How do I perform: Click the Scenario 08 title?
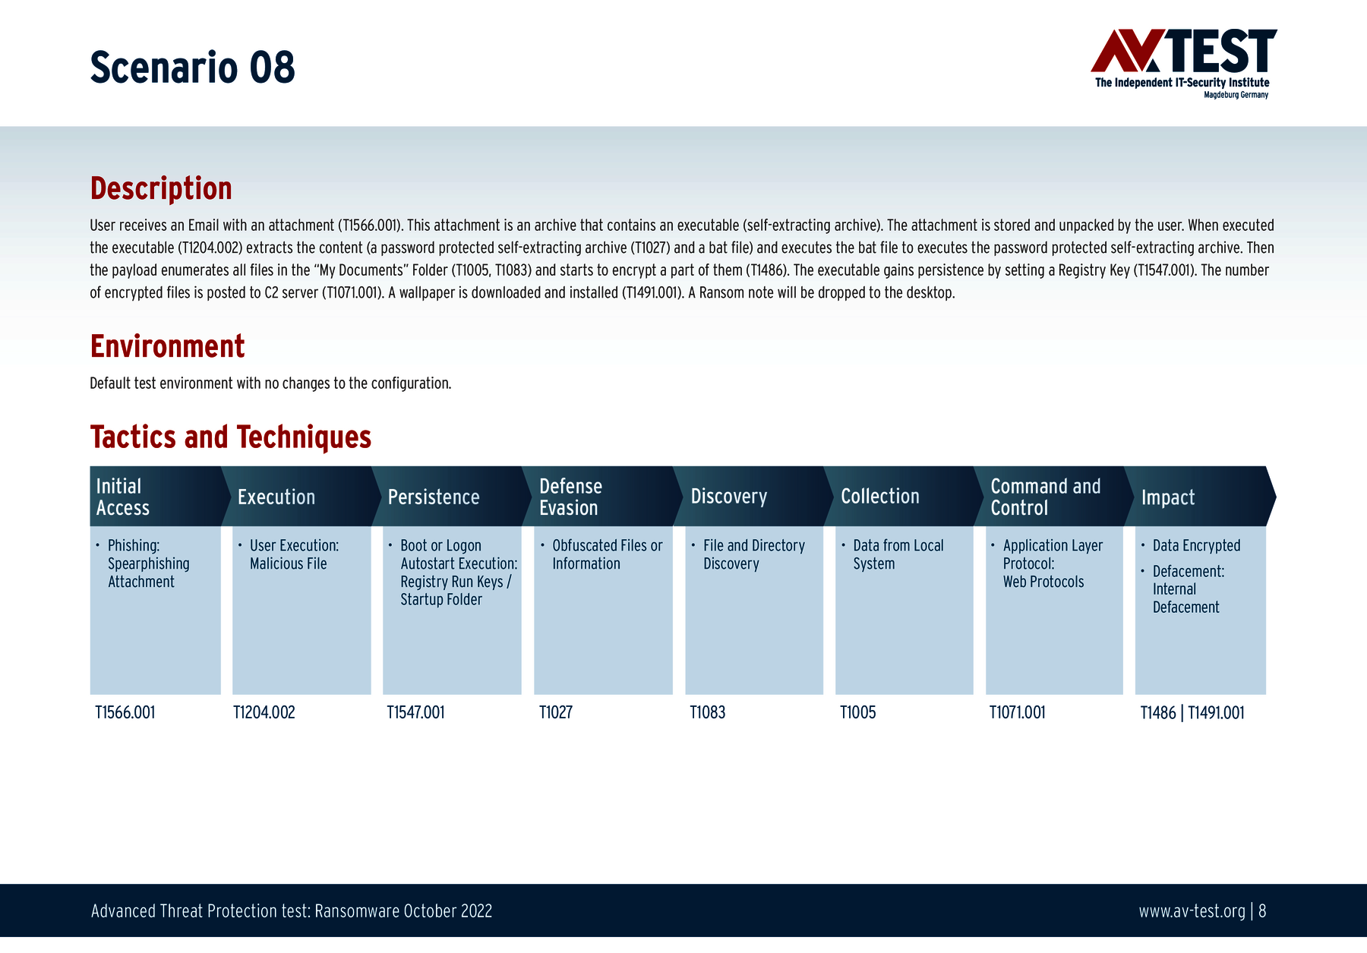click(x=192, y=68)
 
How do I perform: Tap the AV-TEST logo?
click(x=1183, y=64)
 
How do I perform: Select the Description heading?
click(x=161, y=188)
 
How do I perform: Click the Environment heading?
click(x=167, y=346)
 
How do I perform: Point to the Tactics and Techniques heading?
click(x=231, y=437)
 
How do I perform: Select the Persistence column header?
click(x=452, y=497)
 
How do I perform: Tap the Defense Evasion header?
click(x=603, y=497)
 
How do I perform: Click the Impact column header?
click(x=1200, y=497)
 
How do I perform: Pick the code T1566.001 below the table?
click(x=125, y=712)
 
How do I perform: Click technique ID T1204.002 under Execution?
click(x=264, y=712)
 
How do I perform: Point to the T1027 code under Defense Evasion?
click(x=556, y=712)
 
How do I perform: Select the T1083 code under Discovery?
click(x=708, y=712)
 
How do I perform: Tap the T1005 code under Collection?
click(x=858, y=712)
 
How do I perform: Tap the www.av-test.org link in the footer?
click(x=1192, y=911)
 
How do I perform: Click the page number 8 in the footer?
click(x=1262, y=910)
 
